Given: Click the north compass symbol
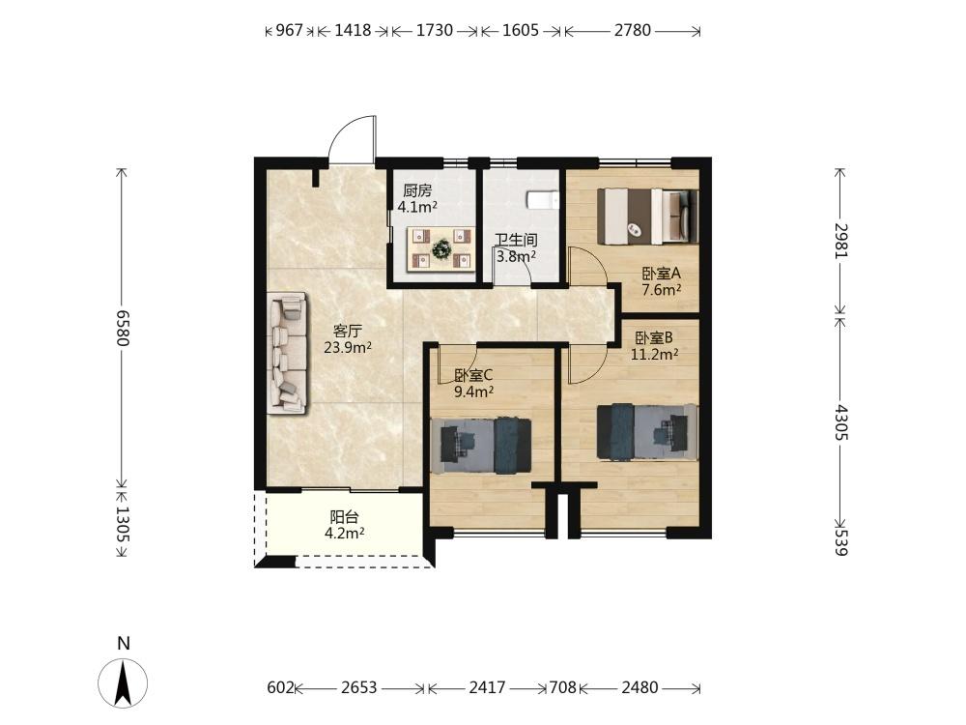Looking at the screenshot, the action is pyautogui.click(x=124, y=682).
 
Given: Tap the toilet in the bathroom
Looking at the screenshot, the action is pyautogui.click(x=543, y=200).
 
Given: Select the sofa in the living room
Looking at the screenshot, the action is pyautogui.click(x=288, y=353).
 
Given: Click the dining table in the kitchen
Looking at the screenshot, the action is pyautogui.click(x=441, y=249).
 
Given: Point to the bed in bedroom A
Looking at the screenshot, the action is pyautogui.click(x=647, y=216).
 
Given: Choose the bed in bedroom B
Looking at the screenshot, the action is pyautogui.click(x=647, y=431).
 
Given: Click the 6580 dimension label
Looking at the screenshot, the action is pyautogui.click(x=123, y=328).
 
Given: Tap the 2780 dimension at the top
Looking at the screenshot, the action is pyautogui.click(x=632, y=30).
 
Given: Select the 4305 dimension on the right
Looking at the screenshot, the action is pyautogui.click(x=840, y=422).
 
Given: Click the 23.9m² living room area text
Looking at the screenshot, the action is pyautogui.click(x=348, y=348).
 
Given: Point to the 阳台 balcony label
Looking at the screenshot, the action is pyautogui.click(x=344, y=516).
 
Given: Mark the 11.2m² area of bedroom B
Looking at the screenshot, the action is pyautogui.click(x=654, y=354).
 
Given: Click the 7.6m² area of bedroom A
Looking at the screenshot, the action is pyautogui.click(x=661, y=290).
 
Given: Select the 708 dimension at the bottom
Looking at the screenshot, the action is pyautogui.click(x=562, y=686).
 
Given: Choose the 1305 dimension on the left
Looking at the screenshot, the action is pyautogui.click(x=123, y=525).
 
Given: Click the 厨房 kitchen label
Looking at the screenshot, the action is pyautogui.click(x=417, y=190).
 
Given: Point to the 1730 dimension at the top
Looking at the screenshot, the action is pyautogui.click(x=435, y=30).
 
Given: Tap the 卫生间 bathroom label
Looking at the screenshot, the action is pyautogui.click(x=516, y=241).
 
